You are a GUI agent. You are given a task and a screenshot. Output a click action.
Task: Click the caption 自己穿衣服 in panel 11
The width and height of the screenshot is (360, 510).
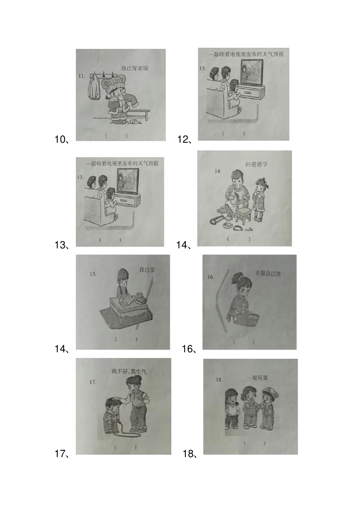pos(135,68)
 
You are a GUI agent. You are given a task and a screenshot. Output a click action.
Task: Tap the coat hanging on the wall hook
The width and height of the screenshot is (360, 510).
pos(93,87)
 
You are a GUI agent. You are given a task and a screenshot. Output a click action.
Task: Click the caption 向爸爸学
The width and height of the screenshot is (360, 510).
pos(257,164)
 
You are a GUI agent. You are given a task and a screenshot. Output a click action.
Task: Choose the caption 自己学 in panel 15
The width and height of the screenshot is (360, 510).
pos(147,270)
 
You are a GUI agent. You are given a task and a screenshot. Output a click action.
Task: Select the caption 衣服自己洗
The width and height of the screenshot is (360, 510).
pos(268,274)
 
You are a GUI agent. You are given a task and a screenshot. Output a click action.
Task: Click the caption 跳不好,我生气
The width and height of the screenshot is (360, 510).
pos(129,371)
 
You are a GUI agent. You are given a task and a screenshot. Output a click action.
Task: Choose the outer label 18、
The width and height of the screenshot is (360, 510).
pos(190,454)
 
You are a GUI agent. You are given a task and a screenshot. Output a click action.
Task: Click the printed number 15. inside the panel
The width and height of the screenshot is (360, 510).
pos(93,274)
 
